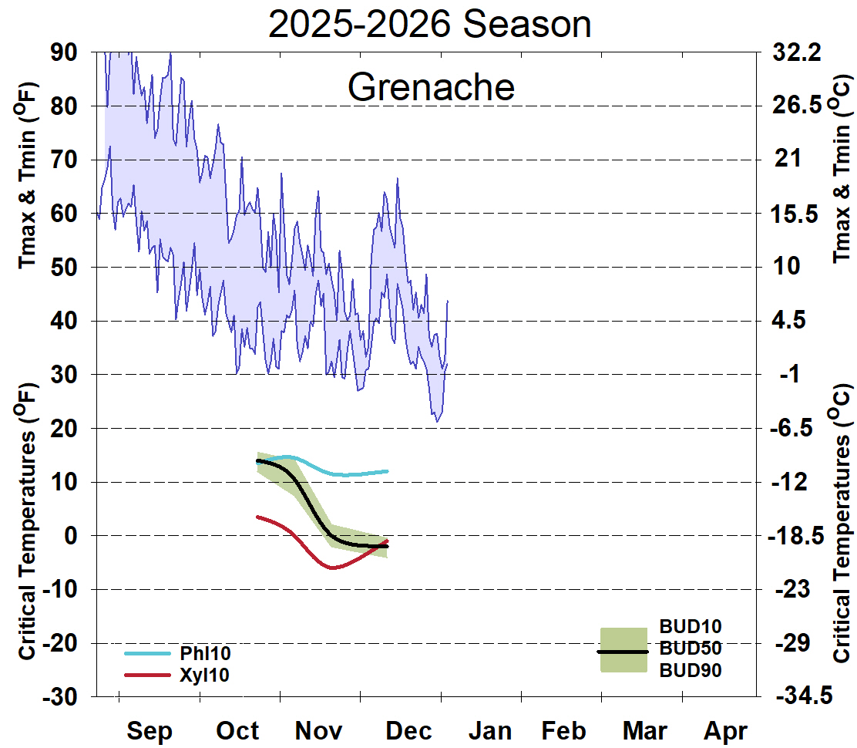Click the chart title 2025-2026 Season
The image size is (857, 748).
point(429,25)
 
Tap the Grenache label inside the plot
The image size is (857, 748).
point(431,87)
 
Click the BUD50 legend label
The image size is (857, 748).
point(691,649)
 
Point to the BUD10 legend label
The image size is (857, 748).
point(691,626)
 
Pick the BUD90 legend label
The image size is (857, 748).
point(691,671)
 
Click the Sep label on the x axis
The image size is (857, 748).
point(150,730)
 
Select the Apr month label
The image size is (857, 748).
point(725,730)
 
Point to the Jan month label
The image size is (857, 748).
point(489,730)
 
